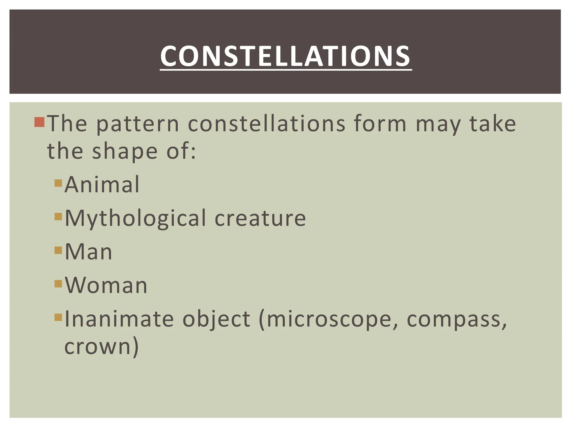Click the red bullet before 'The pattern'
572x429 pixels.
(39, 122)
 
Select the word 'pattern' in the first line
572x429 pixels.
(137, 124)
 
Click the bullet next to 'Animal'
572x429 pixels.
(58, 183)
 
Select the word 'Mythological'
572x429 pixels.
(135, 218)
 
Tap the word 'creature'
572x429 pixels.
(260, 218)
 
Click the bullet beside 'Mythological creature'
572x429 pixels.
(58, 217)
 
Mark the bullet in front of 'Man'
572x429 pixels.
(58, 250)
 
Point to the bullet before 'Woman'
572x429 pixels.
(58, 284)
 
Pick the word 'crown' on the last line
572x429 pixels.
(98, 347)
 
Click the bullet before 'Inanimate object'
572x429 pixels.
(58, 317)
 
